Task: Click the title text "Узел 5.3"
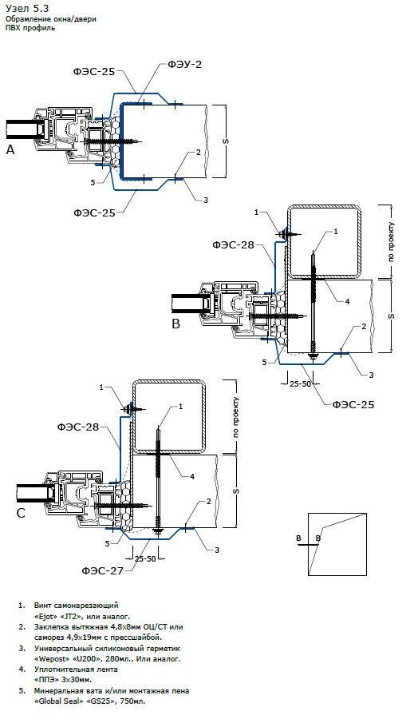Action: click(x=27, y=8)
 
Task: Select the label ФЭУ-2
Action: click(x=184, y=65)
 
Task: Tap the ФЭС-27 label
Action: click(x=103, y=570)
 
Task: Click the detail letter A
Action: click(x=10, y=149)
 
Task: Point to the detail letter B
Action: click(x=175, y=324)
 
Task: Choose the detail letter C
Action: click(x=21, y=513)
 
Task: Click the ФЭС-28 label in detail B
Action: click(x=234, y=244)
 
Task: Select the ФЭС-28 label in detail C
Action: click(x=78, y=427)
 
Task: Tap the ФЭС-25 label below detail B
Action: click(x=353, y=405)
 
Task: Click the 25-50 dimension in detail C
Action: click(x=145, y=558)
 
